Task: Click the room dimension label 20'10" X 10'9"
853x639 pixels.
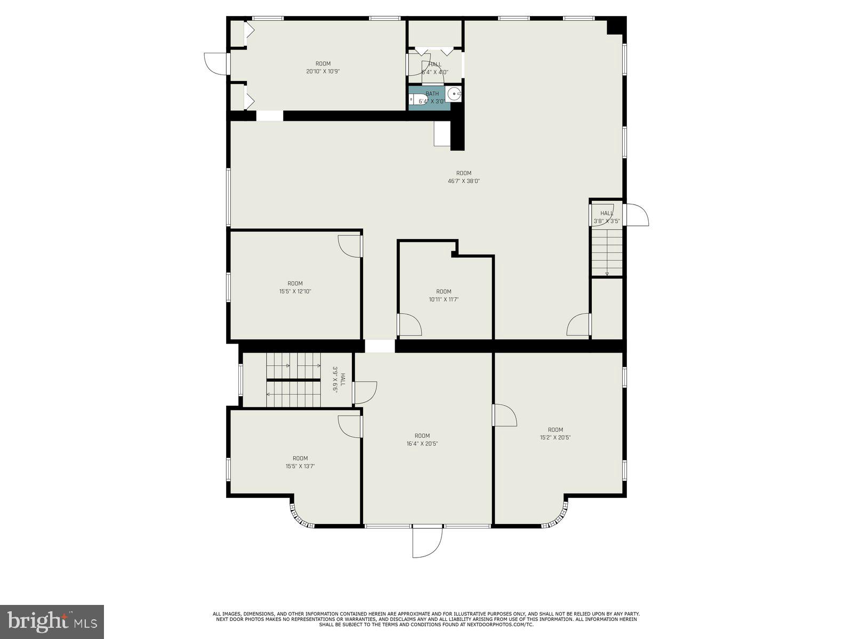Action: pos(323,71)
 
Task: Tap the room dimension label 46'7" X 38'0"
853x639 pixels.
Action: pos(464,181)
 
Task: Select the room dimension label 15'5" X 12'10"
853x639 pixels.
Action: pos(295,291)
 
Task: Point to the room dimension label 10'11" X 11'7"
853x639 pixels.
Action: pos(444,299)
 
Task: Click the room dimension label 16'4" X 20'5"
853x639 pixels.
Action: pos(422,444)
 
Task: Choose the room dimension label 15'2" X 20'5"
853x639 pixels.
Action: pos(555,438)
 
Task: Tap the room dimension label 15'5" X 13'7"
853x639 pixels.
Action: pos(300,466)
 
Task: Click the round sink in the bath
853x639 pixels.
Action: pos(454,94)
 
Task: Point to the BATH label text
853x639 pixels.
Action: pos(432,94)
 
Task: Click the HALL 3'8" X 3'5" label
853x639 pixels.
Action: pos(607,217)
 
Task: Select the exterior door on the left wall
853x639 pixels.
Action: pos(216,63)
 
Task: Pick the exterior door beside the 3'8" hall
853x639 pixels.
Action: pos(637,215)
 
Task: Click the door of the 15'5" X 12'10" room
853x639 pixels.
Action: pos(350,246)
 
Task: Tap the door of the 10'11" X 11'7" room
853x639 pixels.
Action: pos(409,325)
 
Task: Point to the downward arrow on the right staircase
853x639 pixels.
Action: pos(607,274)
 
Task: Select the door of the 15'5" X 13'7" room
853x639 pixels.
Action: pos(350,426)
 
